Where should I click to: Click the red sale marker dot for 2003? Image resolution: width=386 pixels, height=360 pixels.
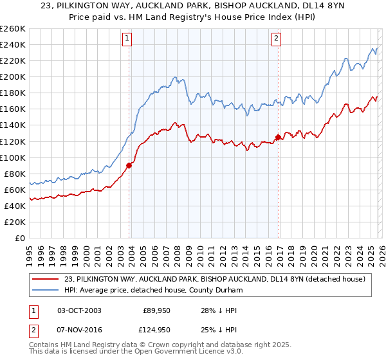(x=129, y=165)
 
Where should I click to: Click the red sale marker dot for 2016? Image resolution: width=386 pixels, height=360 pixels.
(x=278, y=137)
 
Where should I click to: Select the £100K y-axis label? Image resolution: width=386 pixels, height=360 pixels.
(x=13, y=157)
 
